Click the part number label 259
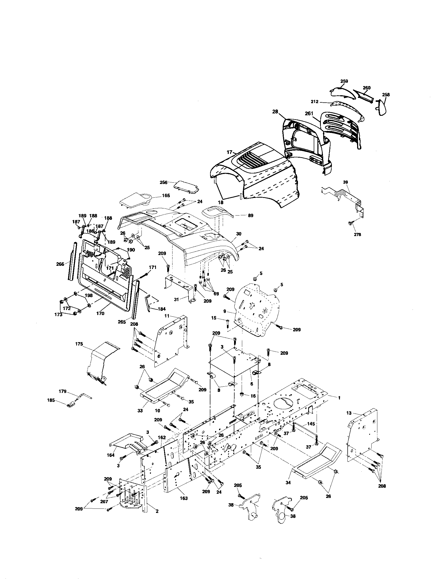[344, 81]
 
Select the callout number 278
[357, 234]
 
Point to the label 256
[163, 182]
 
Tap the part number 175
[79, 344]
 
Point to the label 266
[60, 264]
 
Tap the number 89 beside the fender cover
[250, 216]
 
